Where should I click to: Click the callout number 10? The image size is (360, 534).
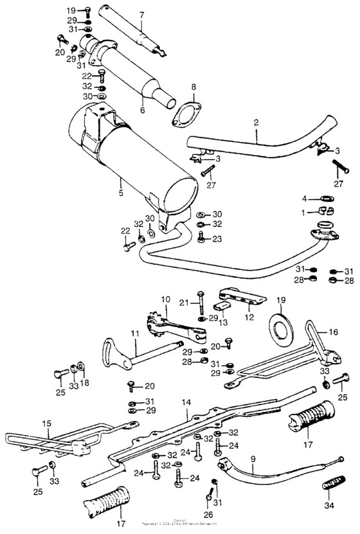[x=164, y=299]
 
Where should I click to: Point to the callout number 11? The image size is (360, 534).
[x=135, y=334]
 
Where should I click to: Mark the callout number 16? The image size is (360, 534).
[x=332, y=333]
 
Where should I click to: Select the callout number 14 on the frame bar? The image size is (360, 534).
[x=186, y=403]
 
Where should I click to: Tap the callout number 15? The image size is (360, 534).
[x=46, y=424]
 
